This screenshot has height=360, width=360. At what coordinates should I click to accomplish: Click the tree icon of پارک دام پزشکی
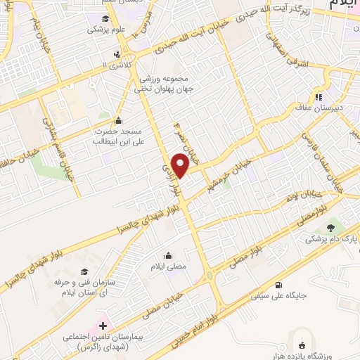[330, 227]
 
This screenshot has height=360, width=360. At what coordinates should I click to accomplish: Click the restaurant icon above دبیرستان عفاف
[318, 97]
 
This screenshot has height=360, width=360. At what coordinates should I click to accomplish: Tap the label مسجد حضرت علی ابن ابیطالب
[117, 136]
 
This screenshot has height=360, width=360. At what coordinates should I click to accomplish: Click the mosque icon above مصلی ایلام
[168, 255]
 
